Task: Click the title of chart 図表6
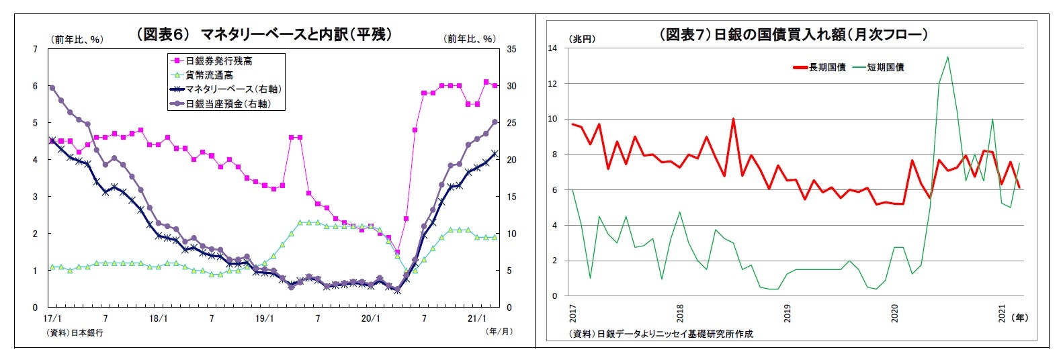coord(263,34)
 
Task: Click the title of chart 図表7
coord(793,34)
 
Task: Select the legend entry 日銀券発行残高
coord(218,61)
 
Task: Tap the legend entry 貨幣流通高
coord(209,75)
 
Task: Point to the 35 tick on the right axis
coord(511,49)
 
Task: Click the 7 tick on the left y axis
coord(35,49)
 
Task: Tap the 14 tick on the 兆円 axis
coord(552,48)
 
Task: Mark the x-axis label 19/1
coord(265,318)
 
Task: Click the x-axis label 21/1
coord(476,318)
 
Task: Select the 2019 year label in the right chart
coord(787,313)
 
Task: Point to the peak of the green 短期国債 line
coord(947,57)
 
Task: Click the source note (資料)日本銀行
coord(75,332)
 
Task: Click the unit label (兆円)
coord(582,39)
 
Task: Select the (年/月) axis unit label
coord(499,330)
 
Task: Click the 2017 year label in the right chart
coord(572,313)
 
